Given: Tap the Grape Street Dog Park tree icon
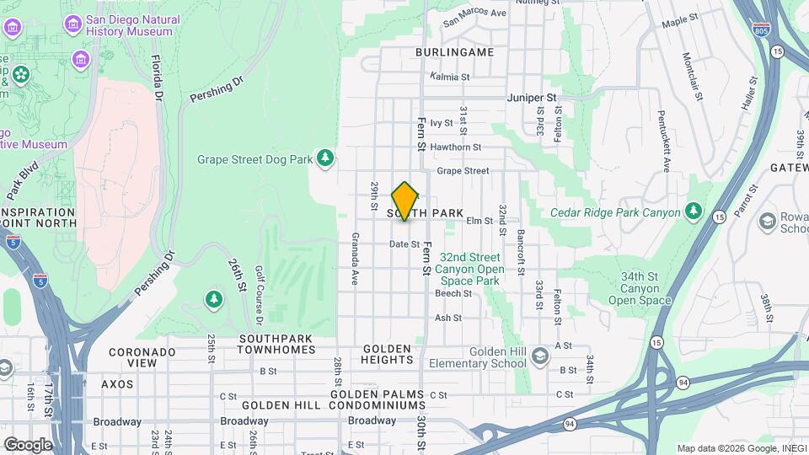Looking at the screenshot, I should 324,158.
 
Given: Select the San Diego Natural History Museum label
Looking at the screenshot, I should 132,25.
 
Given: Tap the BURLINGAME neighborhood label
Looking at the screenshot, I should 454,52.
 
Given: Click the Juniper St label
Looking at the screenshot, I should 532,98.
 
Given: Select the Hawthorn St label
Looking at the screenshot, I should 455,147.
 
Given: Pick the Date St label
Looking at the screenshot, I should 404,244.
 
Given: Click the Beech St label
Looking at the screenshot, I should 453,293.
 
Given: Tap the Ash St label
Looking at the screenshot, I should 447,318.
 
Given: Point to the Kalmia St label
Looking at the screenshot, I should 449,77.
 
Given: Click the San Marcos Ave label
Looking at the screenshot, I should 474,13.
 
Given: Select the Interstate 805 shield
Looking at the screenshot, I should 761,29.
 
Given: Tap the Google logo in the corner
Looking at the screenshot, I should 28,444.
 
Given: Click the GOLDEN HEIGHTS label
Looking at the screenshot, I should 387,354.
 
